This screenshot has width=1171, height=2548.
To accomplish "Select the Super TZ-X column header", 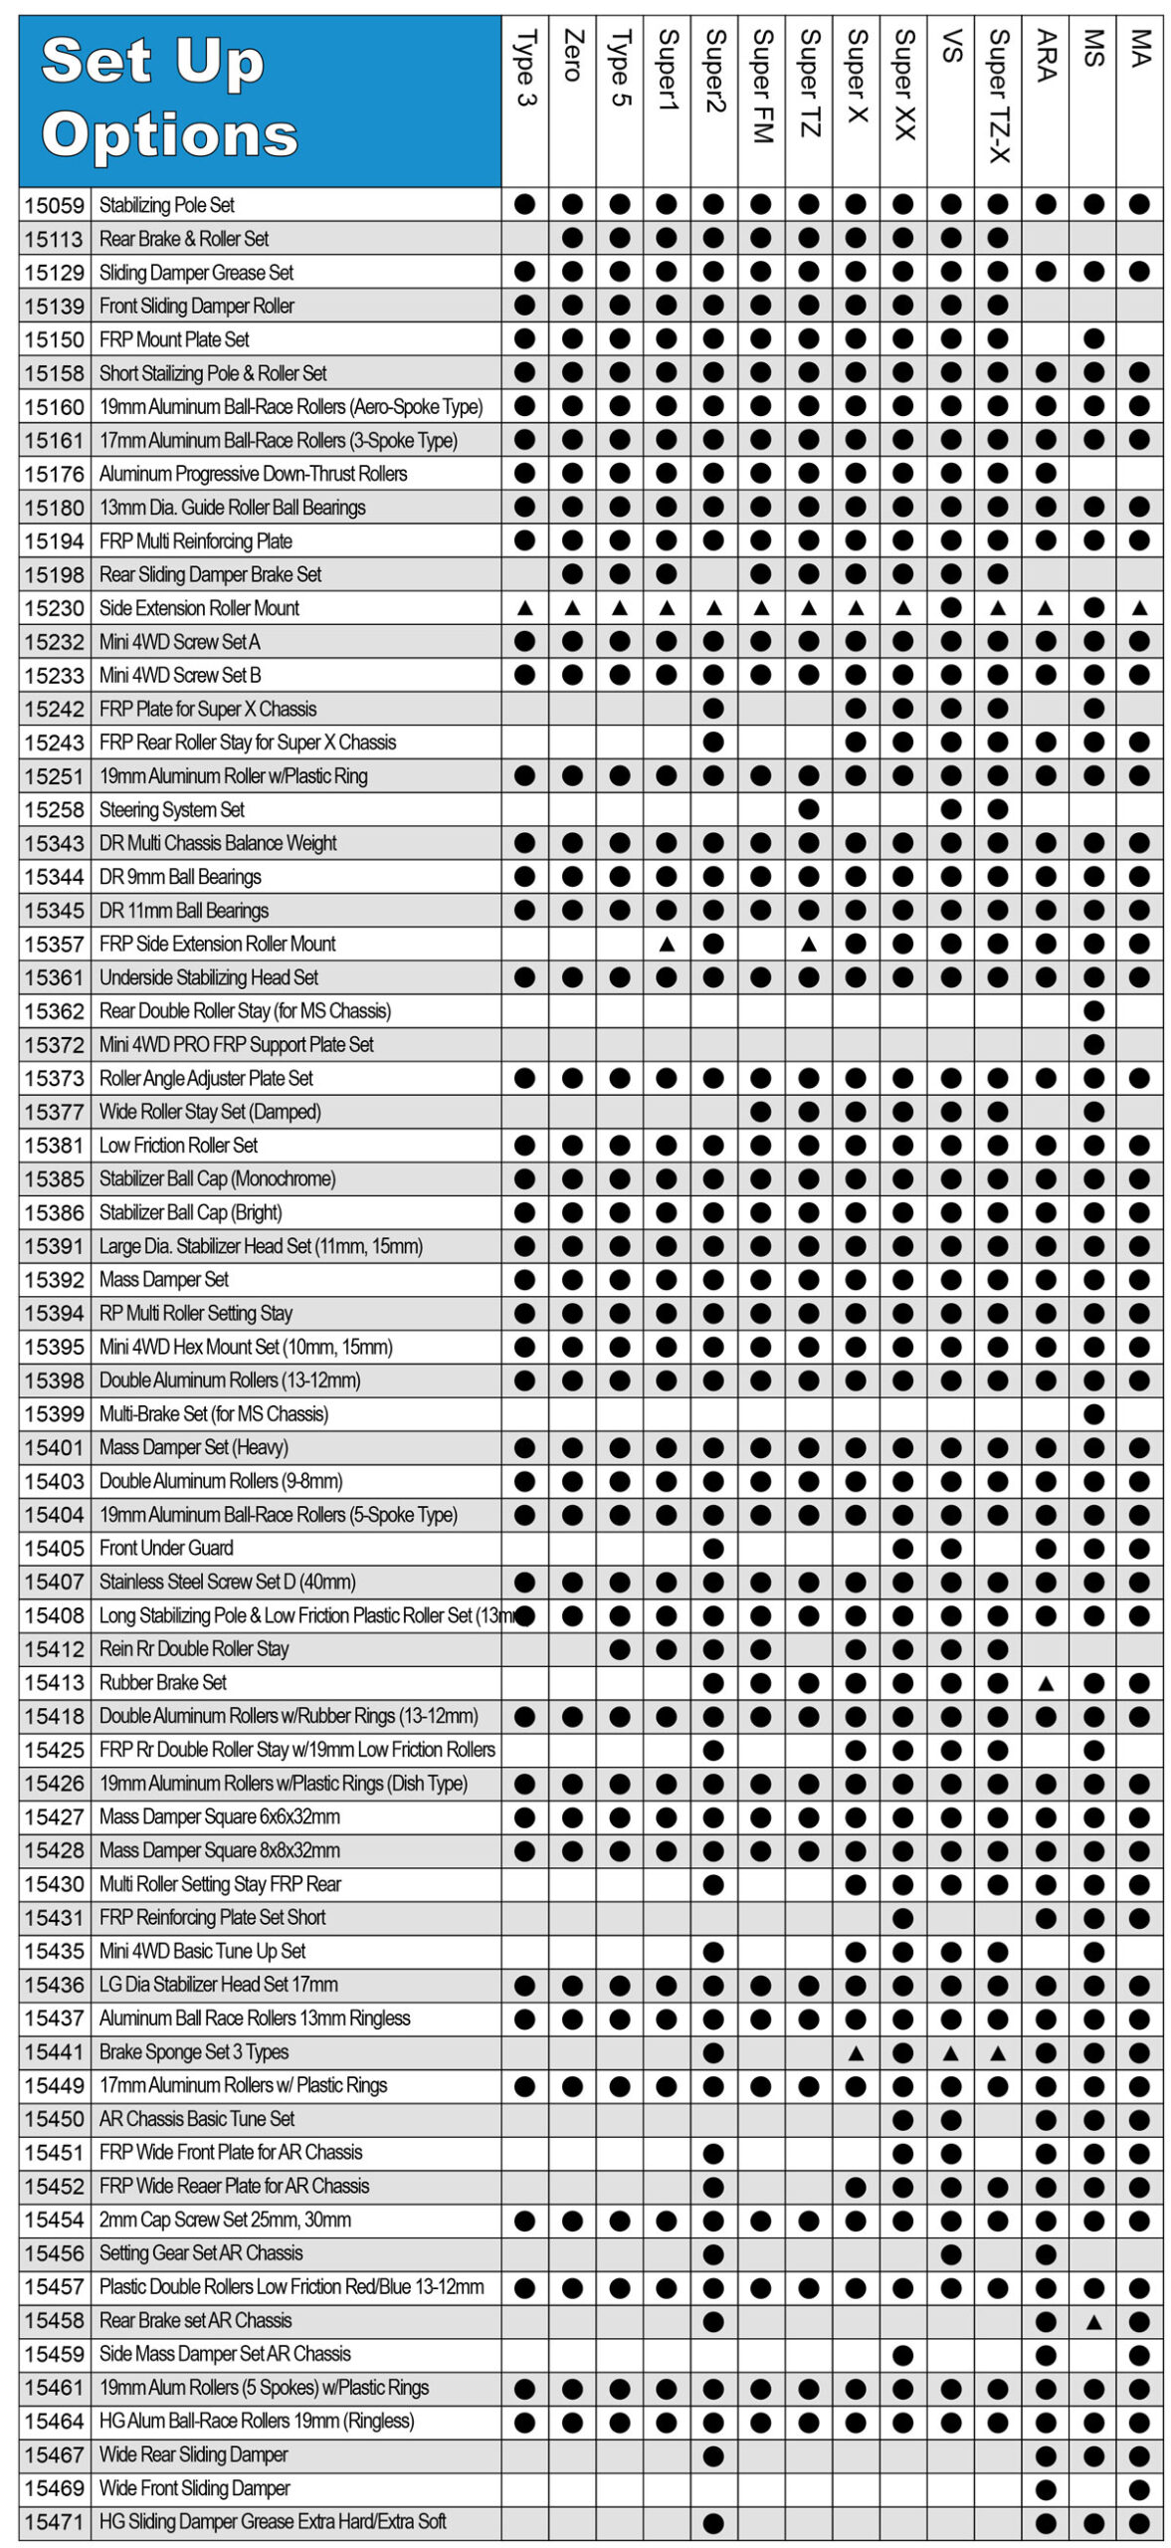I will (998, 95).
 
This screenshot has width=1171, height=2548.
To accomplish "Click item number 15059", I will (55, 205).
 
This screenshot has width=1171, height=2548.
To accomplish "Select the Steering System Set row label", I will (171, 809).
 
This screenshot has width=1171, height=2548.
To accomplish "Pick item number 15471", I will (55, 2521).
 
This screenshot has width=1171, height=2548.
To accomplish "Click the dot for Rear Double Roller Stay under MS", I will (1092, 1011).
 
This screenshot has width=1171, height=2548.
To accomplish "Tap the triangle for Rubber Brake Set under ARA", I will (1045, 1683).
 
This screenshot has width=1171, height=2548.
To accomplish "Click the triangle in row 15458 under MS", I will (1092, 2321).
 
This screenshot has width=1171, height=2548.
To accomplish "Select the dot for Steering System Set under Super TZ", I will (808, 809).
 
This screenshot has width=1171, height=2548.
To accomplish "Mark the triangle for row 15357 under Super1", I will (667, 944).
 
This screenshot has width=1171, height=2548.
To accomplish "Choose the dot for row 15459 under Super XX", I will (902, 2355).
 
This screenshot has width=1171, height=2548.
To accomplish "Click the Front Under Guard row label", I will (166, 1548).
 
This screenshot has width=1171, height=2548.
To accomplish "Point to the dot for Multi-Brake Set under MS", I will (1092, 1413).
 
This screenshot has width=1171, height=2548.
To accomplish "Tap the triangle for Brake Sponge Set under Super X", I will (856, 2052).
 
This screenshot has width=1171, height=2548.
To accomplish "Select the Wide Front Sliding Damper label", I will (194, 2487).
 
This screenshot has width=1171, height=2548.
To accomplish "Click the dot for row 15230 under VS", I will (950, 607).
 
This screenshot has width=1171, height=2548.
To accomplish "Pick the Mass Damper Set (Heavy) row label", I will (193, 1447).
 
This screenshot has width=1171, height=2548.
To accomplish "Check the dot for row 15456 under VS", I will (950, 2253).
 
